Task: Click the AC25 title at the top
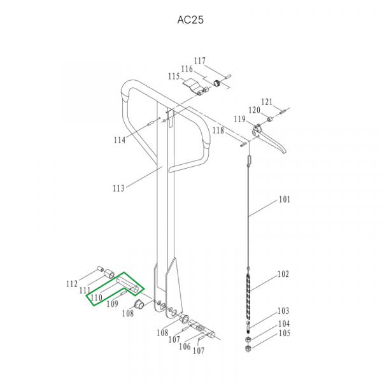click(x=190, y=20)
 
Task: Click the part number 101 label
click(x=285, y=199)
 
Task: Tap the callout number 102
click(x=283, y=274)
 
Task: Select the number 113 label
click(x=118, y=188)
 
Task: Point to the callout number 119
click(x=240, y=119)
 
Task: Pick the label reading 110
click(x=96, y=297)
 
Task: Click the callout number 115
click(x=174, y=76)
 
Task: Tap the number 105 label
click(x=285, y=333)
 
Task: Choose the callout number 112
click(x=72, y=284)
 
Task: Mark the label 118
click(x=218, y=131)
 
